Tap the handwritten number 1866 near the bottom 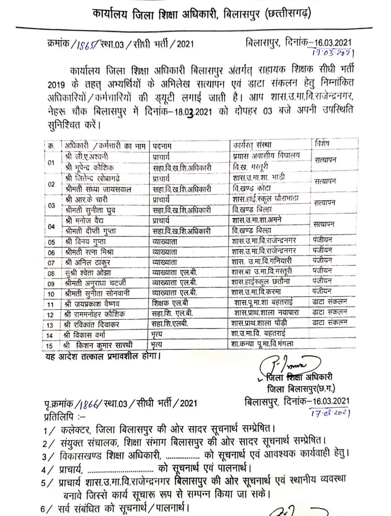(x=89, y=404)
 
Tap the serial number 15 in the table (x=51, y=345)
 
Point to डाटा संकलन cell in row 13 (x=330, y=323)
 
